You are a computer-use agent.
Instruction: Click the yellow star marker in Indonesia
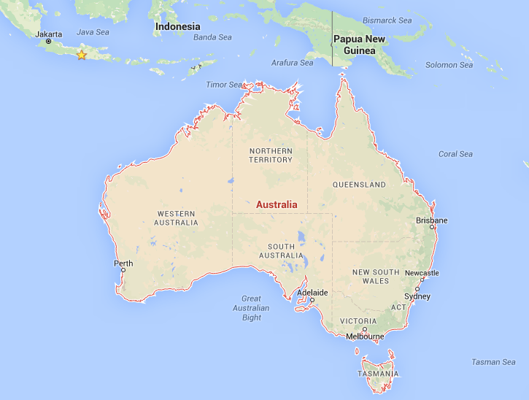coord(81,55)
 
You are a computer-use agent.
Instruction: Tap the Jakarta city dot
coord(49,41)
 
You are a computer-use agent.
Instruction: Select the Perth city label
coord(123,263)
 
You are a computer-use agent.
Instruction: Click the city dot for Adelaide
coord(312,300)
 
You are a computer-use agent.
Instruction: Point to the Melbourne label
coord(365,336)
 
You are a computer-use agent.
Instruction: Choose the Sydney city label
coord(417,296)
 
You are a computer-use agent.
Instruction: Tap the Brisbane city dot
coord(432,227)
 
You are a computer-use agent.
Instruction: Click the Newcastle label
coord(422,273)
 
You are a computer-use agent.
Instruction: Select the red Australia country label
coord(277,205)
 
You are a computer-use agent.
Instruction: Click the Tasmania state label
coord(378,374)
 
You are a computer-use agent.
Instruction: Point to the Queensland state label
coord(359,185)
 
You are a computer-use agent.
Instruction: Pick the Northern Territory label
coord(271,155)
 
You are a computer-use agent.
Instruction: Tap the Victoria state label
coord(358,321)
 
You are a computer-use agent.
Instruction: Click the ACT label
coord(398,307)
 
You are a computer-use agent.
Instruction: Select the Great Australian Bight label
coord(252,307)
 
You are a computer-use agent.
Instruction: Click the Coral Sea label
coord(455,154)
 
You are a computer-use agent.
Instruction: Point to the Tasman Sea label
coord(493,362)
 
